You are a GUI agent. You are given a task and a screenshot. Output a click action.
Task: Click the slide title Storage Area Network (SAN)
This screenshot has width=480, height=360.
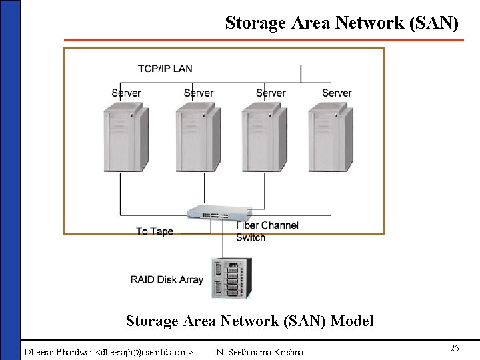coord(341,23)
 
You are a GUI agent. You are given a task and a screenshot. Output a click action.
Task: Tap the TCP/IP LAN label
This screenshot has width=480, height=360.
coord(165,69)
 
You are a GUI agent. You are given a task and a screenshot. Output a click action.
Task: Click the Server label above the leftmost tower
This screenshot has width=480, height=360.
coord(126,93)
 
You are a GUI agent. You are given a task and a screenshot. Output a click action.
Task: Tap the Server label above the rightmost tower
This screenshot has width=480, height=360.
coord(336,93)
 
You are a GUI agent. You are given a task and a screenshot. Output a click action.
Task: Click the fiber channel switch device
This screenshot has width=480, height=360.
coord(216,212)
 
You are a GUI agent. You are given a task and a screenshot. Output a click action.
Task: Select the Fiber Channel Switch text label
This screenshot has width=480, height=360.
coord(267,231)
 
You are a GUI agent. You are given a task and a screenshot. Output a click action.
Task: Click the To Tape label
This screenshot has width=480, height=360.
coord(154,232)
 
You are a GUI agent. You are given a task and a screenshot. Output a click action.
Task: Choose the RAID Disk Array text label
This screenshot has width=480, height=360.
coord(167,279)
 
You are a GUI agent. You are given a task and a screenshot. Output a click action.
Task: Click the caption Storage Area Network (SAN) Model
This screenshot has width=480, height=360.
coord(249,321)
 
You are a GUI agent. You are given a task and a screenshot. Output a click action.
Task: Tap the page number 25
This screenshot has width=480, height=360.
coord(455,349)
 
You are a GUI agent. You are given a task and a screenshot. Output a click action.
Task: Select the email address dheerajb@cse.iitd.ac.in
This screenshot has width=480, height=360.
coord(145,352)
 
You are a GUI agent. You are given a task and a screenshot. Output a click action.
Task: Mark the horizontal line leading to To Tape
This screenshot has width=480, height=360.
coord(195,233)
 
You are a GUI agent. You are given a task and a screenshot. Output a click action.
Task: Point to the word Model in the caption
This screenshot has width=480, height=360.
coord(351,321)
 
